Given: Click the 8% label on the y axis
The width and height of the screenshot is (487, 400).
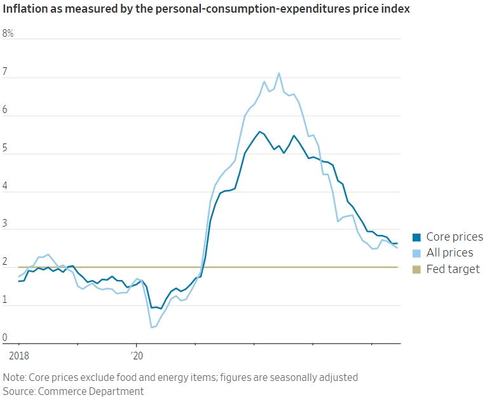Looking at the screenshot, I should coord(8,34).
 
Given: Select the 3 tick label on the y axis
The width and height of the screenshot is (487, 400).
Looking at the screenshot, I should coord(6,224).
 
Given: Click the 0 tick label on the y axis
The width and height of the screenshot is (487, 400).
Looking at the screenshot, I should coord(6,338).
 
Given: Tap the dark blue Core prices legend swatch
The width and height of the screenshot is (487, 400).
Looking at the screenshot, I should coord(417,237).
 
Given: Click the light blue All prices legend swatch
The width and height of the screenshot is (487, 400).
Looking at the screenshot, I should coord(417,253).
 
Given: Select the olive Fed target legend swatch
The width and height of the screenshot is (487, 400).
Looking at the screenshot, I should coord(417,269).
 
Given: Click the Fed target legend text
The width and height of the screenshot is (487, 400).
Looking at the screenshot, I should coord(453,269).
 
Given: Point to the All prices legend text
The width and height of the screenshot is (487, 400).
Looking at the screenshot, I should coord(449,253).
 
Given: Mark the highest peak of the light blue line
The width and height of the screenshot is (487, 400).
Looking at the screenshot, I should coord(279,73).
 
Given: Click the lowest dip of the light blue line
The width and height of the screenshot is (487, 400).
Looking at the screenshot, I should coord(152,328).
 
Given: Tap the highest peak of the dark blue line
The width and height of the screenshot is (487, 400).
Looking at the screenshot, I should coord(259,131).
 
